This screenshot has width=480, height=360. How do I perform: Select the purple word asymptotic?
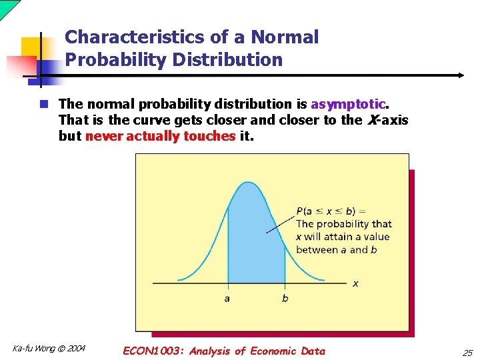pyautogui.click(x=348, y=104)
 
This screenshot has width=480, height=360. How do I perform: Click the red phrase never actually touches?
pyautogui.click(x=161, y=136)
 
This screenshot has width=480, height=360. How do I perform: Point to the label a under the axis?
pyautogui.click(x=227, y=298)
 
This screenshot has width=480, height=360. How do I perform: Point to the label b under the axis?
pyautogui.click(x=285, y=298)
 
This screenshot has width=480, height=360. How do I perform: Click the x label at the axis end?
pyautogui.click(x=355, y=283)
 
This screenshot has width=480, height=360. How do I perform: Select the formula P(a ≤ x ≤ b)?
pyautogui.click(x=326, y=211)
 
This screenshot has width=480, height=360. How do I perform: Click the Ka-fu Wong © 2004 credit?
pyautogui.click(x=49, y=348)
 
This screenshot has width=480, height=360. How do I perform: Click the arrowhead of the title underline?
pyautogui.click(x=459, y=75)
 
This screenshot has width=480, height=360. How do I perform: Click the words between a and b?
pyautogui.click(x=337, y=250)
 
